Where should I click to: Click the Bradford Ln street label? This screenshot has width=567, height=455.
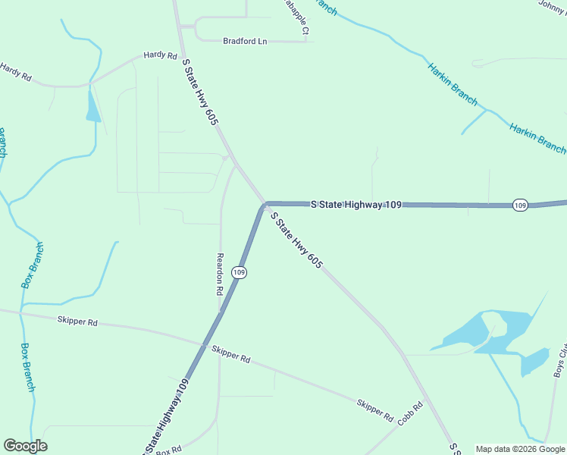(245, 41)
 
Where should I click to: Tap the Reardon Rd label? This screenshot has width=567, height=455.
(220, 274)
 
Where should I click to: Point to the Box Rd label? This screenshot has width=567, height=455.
(168, 450)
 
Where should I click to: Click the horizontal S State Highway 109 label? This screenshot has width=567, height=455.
(356, 204)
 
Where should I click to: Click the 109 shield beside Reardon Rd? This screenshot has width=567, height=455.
(239, 271)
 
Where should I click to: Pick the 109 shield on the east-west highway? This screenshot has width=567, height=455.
(519, 206)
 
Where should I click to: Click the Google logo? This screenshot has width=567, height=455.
(25, 446)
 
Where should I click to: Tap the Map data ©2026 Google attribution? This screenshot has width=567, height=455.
(520, 449)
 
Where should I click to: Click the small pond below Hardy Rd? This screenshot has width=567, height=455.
(92, 106)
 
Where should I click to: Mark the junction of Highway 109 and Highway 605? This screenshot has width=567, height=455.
(265, 204)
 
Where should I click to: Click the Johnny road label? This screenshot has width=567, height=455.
(551, 5)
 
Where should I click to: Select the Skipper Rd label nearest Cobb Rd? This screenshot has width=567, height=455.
(375, 409)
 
